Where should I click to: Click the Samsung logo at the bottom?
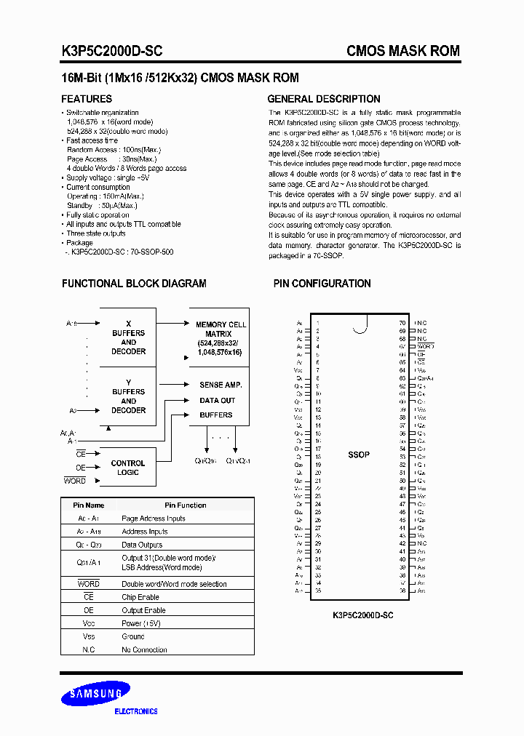(x=96, y=695)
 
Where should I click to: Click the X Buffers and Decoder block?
(x=128, y=337)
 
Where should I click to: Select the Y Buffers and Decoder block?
(x=128, y=396)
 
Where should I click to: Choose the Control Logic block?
(x=128, y=468)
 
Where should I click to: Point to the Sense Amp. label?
(x=221, y=385)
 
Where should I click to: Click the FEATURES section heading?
(x=86, y=99)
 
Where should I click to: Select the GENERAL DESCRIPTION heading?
(x=324, y=99)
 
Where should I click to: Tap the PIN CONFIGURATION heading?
(x=322, y=284)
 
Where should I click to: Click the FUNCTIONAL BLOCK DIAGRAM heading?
(x=134, y=284)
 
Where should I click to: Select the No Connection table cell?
(x=144, y=649)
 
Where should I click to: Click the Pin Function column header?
(x=185, y=505)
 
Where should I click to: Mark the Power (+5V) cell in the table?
(x=142, y=623)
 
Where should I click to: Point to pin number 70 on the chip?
(x=402, y=322)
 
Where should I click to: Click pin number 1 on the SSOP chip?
(x=317, y=322)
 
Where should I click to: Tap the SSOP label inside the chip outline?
(x=359, y=455)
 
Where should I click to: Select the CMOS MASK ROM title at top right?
(x=402, y=51)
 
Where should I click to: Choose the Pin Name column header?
(x=89, y=505)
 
